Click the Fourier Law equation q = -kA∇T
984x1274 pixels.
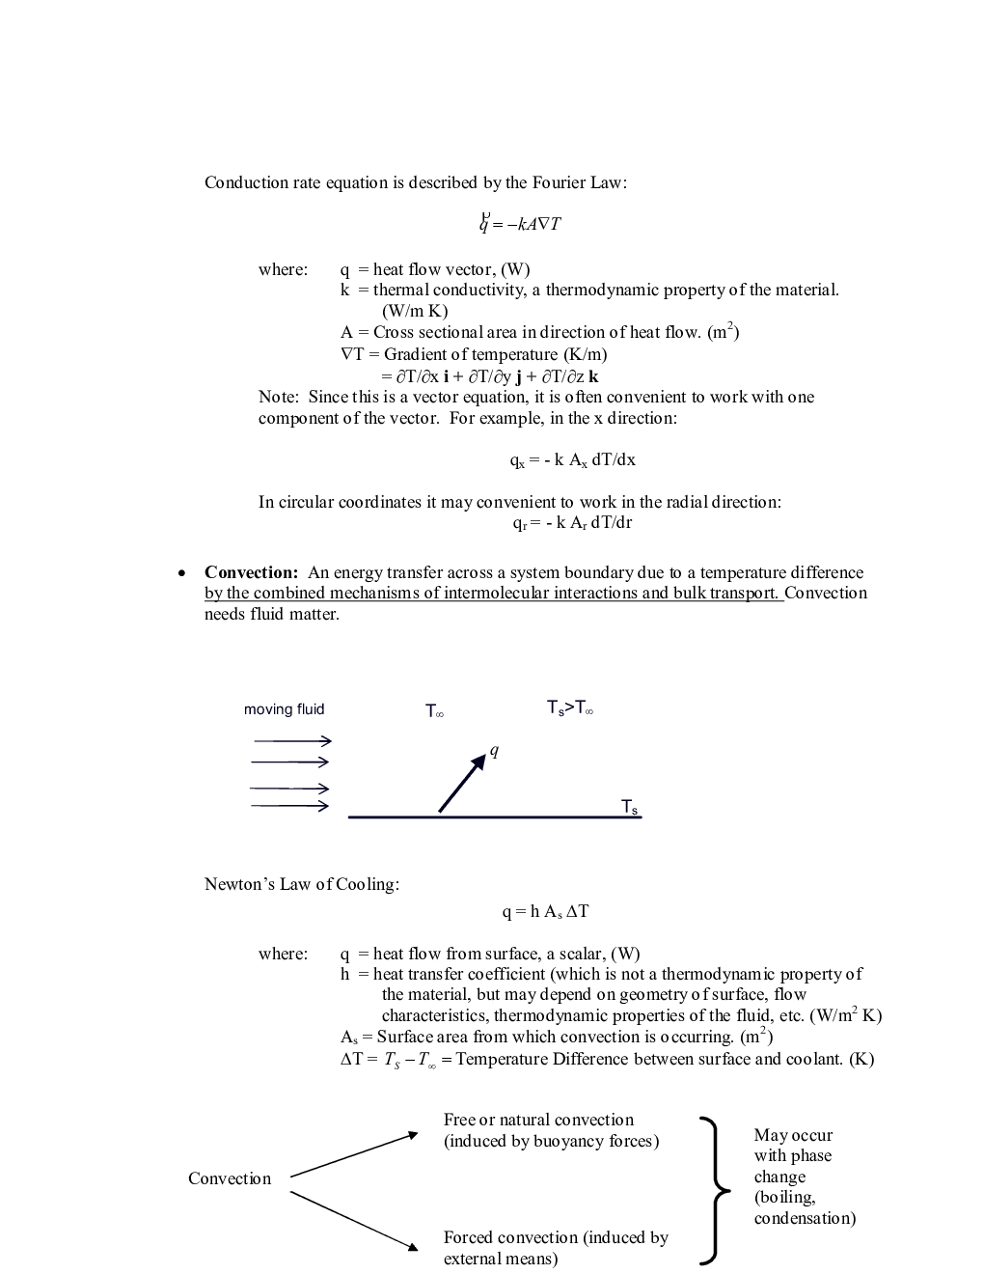coord(521,224)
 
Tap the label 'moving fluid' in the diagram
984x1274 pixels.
coord(284,709)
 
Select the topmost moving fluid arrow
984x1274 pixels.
coord(291,741)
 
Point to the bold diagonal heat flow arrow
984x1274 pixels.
coord(462,783)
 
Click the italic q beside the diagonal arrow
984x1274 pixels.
coord(494,751)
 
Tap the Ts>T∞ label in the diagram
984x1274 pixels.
coord(569,709)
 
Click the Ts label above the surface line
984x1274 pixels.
coord(629,807)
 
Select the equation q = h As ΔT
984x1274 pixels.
coord(545,911)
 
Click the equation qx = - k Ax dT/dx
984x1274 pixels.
coord(572,460)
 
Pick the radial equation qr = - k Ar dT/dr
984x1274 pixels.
coord(572,523)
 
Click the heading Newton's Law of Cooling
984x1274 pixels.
coord(301,884)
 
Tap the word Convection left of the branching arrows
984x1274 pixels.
coord(230,1178)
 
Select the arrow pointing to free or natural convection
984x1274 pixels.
coord(354,1154)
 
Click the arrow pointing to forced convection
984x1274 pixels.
coord(354,1221)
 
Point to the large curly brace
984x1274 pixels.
coord(711,1189)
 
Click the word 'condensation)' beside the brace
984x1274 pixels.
coord(805,1219)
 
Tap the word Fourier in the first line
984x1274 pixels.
coord(559,182)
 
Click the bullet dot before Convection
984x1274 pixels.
coord(181,573)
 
